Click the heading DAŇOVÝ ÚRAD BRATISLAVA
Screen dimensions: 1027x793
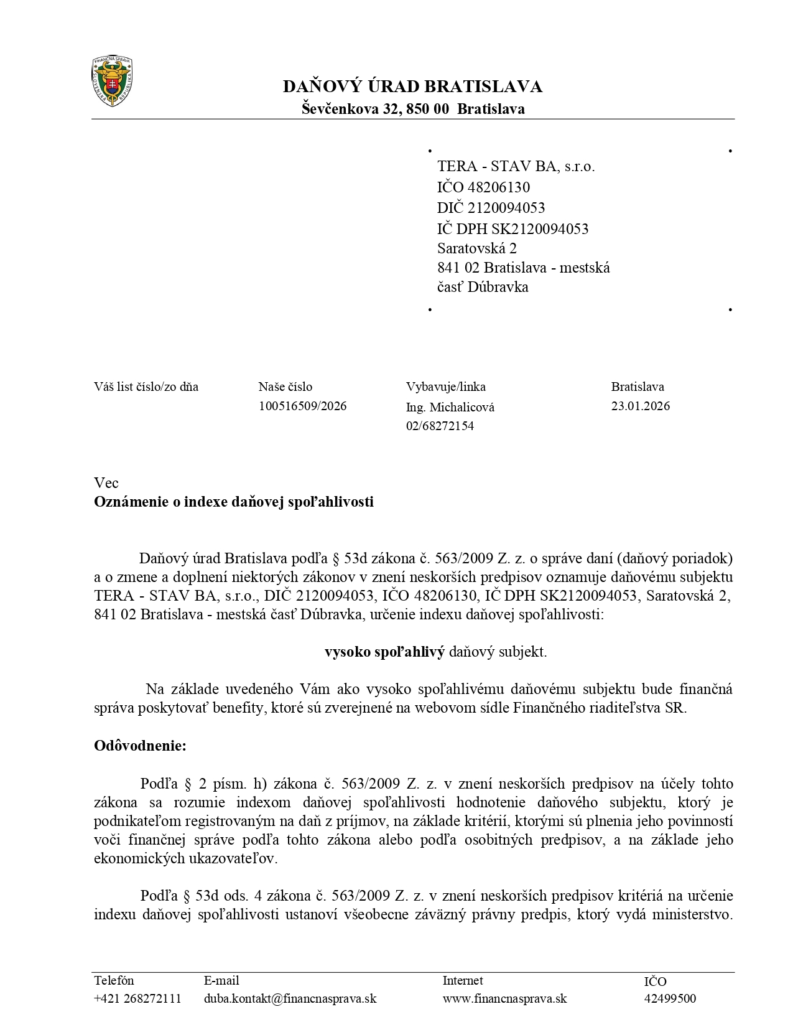click(412, 87)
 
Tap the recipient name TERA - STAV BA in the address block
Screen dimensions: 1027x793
click(516, 166)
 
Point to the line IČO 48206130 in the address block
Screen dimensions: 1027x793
click(483, 187)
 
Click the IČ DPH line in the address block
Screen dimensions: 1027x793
click(512, 228)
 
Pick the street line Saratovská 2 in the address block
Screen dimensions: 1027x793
click(477, 248)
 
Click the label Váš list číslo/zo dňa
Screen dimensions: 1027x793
click(146, 387)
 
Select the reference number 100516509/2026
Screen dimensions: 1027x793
click(302, 406)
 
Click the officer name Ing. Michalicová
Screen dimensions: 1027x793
click(450, 408)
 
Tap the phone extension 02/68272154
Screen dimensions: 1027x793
click(440, 426)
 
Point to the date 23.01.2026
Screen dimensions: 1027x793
click(641, 406)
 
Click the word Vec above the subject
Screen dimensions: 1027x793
click(106, 483)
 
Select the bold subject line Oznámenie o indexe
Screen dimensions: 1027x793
click(234, 502)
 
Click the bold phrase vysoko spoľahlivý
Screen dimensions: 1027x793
click(384, 652)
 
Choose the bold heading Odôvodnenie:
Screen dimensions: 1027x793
click(140, 746)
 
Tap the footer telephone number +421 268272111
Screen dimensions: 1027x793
click(137, 999)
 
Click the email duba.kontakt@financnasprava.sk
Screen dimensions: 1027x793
click(290, 999)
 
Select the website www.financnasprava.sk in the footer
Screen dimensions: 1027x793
click(504, 999)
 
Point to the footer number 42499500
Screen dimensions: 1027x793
click(670, 999)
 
